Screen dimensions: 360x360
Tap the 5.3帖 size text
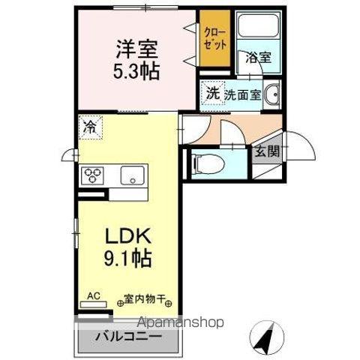(136, 73)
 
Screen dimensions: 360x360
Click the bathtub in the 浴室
(258, 31)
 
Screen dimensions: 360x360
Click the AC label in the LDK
(94, 295)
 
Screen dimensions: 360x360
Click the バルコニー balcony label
(127, 337)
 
